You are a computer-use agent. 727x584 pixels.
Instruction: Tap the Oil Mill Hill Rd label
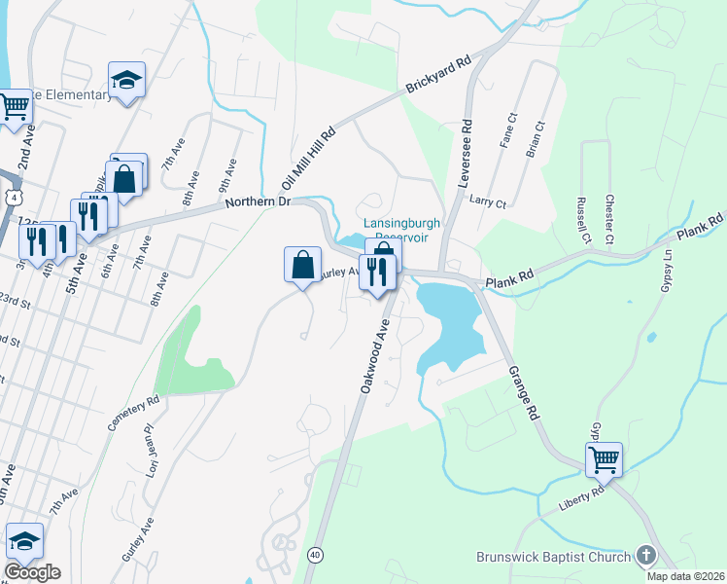click(308, 158)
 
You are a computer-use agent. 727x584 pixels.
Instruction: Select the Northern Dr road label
click(258, 201)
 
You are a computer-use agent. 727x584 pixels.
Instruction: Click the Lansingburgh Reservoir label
click(402, 230)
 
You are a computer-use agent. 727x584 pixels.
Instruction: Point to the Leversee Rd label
click(467, 141)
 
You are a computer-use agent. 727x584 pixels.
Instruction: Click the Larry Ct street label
click(487, 202)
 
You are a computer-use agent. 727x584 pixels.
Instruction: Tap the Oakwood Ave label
click(379, 356)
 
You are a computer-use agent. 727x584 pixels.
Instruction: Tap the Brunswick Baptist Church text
click(553, 557)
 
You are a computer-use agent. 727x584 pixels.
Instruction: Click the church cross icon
click(646, 556)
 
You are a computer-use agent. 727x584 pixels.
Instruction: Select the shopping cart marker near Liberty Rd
click(604, 458)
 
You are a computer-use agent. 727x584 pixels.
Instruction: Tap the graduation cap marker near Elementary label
click(126, 82)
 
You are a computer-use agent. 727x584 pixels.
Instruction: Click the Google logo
click(32, 572)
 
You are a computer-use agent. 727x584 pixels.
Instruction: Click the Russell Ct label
click(583, 222)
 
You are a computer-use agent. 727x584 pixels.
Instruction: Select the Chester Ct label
click(609, 218)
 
